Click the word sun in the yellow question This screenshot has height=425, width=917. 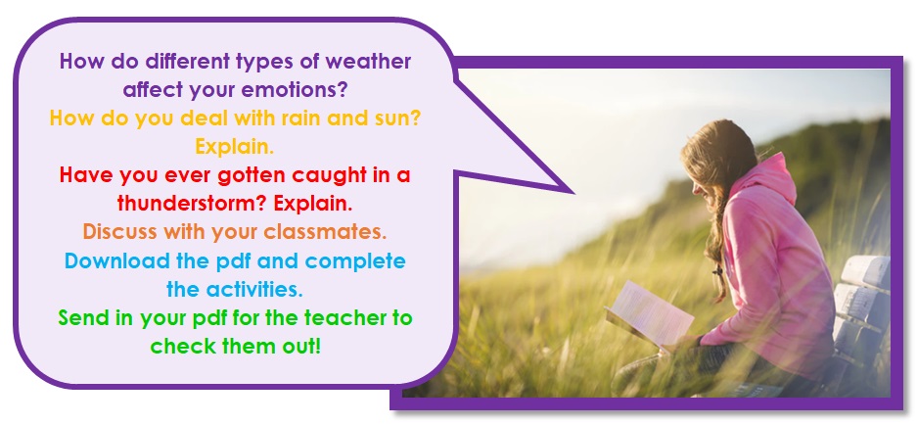[x=398, y=118]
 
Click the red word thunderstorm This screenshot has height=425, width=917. [x=192, y=204]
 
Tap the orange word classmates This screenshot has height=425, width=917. [x=325, y=232]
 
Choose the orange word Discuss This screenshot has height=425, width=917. [x=120, y=232]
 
